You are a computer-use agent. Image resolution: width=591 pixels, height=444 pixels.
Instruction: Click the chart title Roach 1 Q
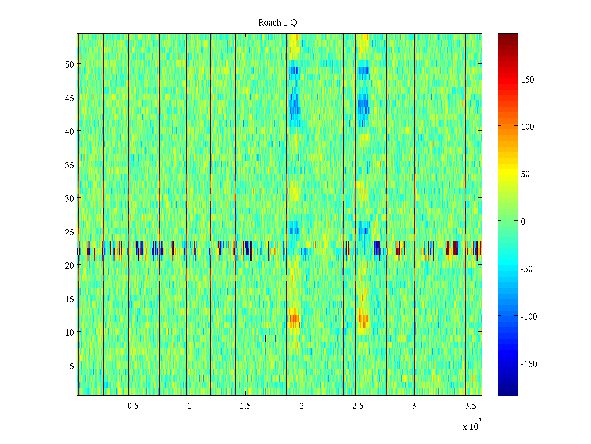pyautogui.click(x=277, y=23)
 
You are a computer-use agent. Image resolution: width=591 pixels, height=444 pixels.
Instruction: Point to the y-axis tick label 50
pyautogui.click(x=69, y=64)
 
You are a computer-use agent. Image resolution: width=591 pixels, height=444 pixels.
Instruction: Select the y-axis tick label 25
pyautogui.click(x=69, y=232)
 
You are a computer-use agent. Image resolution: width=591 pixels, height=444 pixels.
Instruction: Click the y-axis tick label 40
pyautogui.click(x=69, y=131)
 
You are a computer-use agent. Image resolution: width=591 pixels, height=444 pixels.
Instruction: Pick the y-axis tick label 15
pyautogui.click(x=69, y=299)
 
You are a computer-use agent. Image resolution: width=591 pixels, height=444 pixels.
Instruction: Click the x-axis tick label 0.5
pyautogui.click(x=133, y=406)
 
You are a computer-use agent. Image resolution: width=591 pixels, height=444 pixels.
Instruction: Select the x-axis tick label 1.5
pyautogui.click(x=245, y=406)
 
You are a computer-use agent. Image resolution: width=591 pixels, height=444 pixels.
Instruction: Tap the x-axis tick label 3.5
pyautogui.click(x=470, y=406)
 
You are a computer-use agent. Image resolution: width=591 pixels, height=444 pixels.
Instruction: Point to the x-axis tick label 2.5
pyautogui.click(x=358, y=406)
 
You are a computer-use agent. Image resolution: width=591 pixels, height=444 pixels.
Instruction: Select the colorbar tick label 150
pyautogui.click(x=527, y=80)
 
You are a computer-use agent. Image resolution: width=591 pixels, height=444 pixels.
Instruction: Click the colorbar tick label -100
pyautogui.click(x=528, y=317)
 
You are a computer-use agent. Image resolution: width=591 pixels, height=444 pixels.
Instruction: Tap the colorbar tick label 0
pyautogui.click(x=523, y=222)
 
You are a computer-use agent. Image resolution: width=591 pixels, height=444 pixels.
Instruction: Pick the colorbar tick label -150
pyautogui.click(x=528, y=364)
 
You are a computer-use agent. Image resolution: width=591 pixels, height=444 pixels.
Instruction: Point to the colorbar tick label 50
pyautogui.click(x=525, y=174)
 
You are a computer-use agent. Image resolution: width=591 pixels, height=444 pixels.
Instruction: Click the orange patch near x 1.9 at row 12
pyautogui.click(x=294, y=318)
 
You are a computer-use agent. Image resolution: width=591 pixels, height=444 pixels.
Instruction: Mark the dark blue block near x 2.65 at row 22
pyautogui.click(x=376, y=247)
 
